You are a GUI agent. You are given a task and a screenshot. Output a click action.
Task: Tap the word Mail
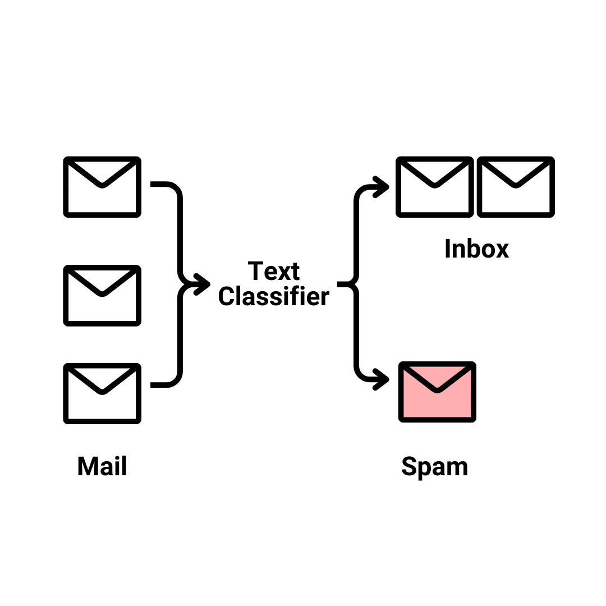(x=102, y=466)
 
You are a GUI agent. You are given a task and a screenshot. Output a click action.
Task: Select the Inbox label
(x=476, y=249)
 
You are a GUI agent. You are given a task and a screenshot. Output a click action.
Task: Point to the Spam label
(x=435, y=467)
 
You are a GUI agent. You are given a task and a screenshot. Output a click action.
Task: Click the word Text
(x=274, y=272)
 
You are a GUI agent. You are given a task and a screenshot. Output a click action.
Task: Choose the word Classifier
(x=273, y=296)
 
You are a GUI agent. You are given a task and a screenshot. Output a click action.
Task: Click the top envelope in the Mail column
(x=102, y=187)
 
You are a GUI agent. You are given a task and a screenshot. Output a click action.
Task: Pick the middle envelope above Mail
(x=102, y=295)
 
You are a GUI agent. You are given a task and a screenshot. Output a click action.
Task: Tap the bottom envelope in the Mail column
(x=102, y=393)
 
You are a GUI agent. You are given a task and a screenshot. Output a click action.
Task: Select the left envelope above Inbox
(x=434, y=187)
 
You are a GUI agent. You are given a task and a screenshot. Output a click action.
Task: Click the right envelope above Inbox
(x=516, y=187)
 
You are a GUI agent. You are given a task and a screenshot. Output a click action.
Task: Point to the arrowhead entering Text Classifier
(x=203, y=284)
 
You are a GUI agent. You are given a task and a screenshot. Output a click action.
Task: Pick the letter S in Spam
(x=411, y=467)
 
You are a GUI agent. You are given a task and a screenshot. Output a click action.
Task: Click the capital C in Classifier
(x=226, y=296)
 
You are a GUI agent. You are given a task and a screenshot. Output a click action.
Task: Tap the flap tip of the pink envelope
(x=437, y=391)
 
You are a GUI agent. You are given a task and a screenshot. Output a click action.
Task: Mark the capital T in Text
(x=256, y=272)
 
